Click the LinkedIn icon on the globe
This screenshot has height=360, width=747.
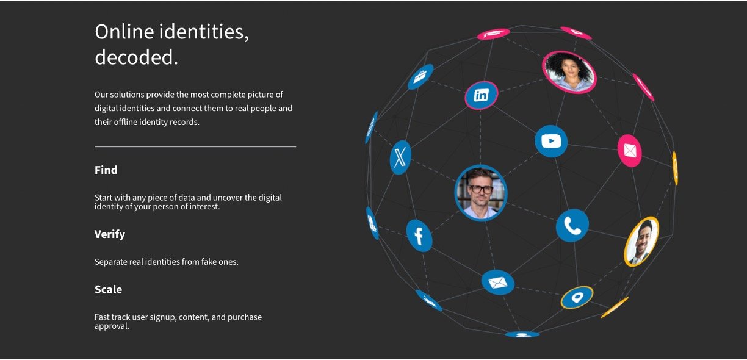coord(481,95)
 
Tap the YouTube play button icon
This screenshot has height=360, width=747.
coord(551,142)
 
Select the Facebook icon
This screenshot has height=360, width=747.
coord(419,236)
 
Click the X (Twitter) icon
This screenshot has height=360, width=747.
coord(400,157)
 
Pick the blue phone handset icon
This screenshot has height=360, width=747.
coord(572,226)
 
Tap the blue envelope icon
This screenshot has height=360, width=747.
coord(498,283)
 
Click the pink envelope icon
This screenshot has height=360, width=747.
coord(629,151)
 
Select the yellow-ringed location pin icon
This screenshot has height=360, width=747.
coord(577,297)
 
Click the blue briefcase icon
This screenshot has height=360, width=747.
coord(420,77)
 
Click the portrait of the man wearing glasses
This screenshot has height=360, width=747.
coord(481,193)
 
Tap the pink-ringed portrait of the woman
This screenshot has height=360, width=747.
coord(569,72)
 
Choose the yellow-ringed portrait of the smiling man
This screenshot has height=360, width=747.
coord(641,242)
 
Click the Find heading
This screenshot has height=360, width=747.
coord(106,170)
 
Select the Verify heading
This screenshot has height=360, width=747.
coord(110,234)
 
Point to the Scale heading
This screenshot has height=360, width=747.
coord(108,289)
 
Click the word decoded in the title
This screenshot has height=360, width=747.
coord(136,57)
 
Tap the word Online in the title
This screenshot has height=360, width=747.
coord(124,32)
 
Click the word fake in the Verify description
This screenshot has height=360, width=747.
coord(209,262)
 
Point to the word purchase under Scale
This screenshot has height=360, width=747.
coord(245,317)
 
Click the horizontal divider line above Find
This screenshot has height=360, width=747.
coord(195,146)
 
